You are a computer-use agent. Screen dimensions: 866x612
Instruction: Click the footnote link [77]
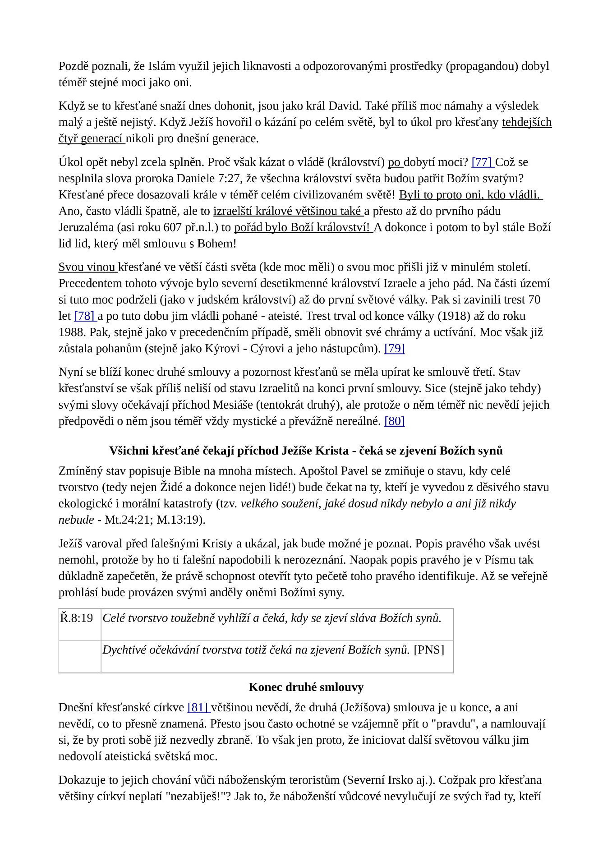(x=481, y=162)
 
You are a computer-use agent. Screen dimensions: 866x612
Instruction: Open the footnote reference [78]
(x=84, y=316)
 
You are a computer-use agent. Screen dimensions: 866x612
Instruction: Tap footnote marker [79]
(x=394, y=349)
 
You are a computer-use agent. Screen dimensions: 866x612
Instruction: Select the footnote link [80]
(x=394, y=421)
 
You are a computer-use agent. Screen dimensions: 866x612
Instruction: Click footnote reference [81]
(x=197, y=708)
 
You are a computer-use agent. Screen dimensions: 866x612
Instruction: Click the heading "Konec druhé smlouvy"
(x=306, y=687)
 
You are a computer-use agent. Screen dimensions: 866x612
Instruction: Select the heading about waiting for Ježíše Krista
(x=306, y=451)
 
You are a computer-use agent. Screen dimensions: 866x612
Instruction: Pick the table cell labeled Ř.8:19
(x=77, y=618)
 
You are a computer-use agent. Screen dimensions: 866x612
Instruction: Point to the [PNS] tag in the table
(x=429, y=650)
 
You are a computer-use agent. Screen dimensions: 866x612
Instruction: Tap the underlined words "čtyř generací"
(x=91, y=139)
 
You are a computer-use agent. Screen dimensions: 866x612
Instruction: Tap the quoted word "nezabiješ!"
(x=202, y=797)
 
